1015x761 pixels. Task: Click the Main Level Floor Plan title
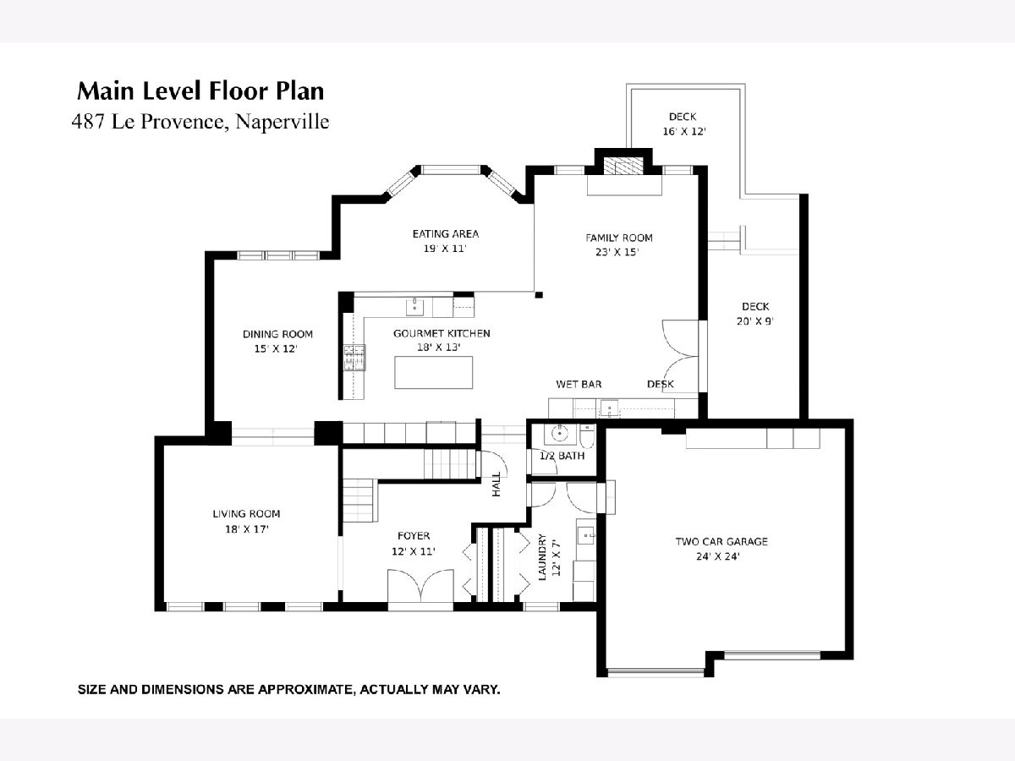200,91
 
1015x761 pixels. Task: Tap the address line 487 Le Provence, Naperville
200,122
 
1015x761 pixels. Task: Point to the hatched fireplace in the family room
623,166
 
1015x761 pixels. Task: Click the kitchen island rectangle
433,372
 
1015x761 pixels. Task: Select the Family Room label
618,238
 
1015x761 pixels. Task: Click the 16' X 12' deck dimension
684,131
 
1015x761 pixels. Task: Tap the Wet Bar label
579,384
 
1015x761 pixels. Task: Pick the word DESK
661,384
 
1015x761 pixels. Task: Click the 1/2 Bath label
562,456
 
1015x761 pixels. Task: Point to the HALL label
497,485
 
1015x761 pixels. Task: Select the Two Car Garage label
721,541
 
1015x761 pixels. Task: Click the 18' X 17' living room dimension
247,529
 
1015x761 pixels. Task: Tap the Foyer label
414,535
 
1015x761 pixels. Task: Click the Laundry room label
542,556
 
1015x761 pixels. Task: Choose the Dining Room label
277,334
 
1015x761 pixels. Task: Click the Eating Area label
445,234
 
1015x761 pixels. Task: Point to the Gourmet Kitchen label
442,333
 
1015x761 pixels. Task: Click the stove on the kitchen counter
354,357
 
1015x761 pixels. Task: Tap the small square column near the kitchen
539,295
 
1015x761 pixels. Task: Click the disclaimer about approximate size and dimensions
289,689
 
